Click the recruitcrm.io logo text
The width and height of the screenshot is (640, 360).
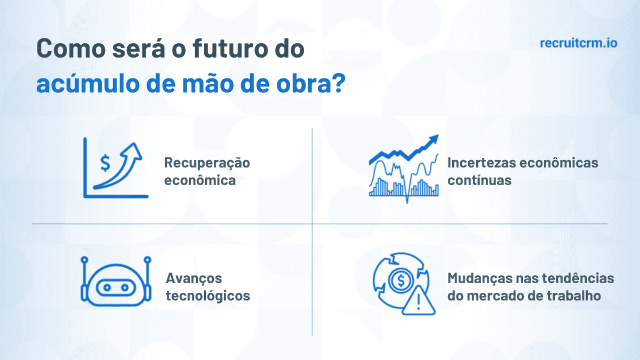click(578, 43)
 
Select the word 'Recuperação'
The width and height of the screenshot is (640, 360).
click(207, 163)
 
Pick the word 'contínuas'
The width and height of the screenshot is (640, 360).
click(479, 180)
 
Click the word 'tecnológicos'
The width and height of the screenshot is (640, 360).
click(207, 295)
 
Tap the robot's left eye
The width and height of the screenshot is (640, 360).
click(107, 288)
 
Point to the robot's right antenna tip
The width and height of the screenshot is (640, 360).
click(148, 260)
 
